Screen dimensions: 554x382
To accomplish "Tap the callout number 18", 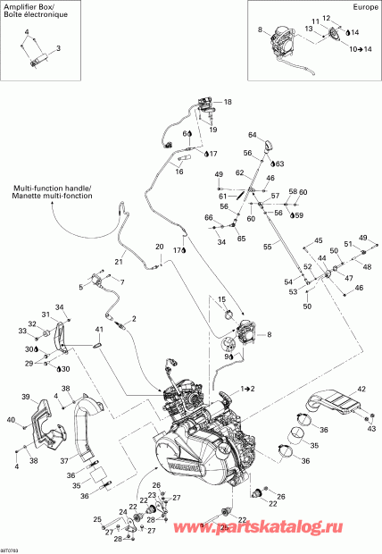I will pyautogui.click(x=227, y=103).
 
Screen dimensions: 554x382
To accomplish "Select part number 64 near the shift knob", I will pyautogui.click(x=253, y=134).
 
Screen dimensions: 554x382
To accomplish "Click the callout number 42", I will pyautogui.click(x=361, y=390).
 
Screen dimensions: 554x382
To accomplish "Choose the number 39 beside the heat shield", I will pyautogui.click(x=26, y=397).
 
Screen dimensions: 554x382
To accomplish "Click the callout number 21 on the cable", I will pyautogui.click(x=117, y=261).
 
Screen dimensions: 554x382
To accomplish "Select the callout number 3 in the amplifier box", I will pyautogui.click(x=59, y=47).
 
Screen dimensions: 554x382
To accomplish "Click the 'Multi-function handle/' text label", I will pyautogui.click(x=54, y=188).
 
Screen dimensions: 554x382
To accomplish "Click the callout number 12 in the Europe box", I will pyautogui.click(x=327, y=18).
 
